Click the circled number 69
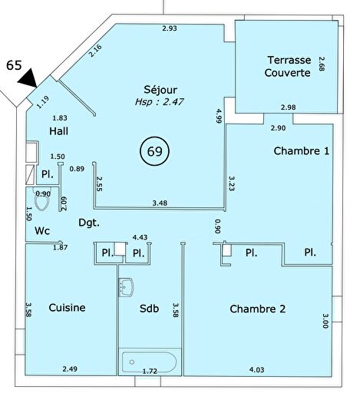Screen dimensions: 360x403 click(155, 151)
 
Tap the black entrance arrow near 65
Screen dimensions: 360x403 click(29, 78)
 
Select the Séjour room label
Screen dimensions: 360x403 click(160, 90)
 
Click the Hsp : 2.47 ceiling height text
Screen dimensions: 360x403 click(160, 102)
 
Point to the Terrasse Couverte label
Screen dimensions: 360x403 click(288, 66)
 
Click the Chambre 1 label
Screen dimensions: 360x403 click(302, 151)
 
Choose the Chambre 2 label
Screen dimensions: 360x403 click(258, 309)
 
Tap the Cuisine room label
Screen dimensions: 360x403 click(67, 308)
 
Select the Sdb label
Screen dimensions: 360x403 click(149, 308)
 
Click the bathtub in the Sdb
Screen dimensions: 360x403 click(149, 362)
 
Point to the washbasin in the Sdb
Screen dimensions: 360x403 click(126, 287)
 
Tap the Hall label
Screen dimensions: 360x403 click(59, 131)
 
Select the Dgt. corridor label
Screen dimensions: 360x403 click(89, 223)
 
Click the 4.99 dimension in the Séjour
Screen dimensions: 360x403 click(219, 116)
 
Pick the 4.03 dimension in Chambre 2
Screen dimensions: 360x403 click(256, 370)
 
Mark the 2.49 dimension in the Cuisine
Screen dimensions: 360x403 click(70, 368)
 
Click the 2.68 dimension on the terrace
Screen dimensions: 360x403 click(322, 64)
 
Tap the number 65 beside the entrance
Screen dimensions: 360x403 click(14, 65)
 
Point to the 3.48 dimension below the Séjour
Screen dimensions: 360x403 click(160, 203)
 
